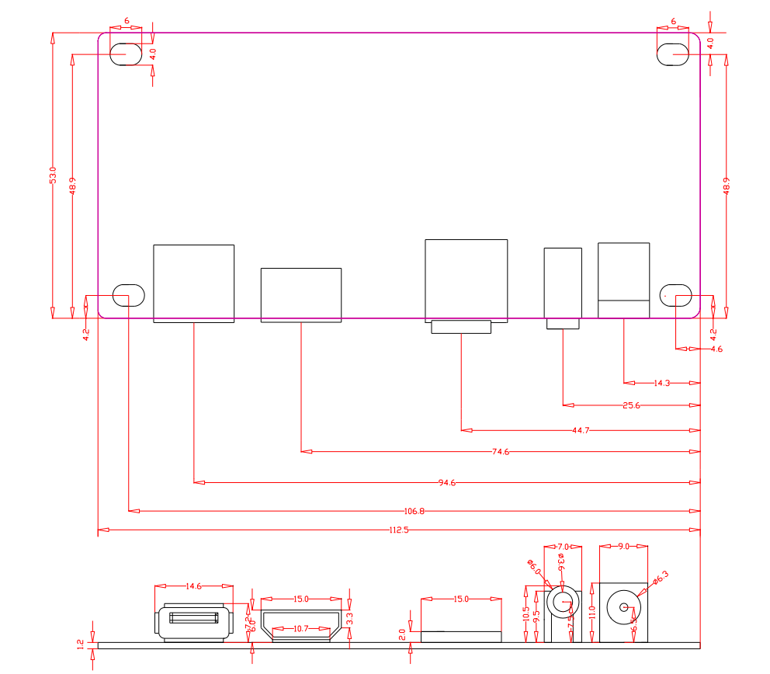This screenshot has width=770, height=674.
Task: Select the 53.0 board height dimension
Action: pyautogui.click(x=53, y=175)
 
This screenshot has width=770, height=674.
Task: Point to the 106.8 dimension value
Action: pyautogui.click(x=415, y=511)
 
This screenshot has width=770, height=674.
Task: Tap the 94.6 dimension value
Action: pyautogui.click(x=446, y=483)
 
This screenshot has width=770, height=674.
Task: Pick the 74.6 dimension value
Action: pyautogui.click(x=501, y=451)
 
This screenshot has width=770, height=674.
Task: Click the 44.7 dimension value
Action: pyautogui.click(x=581, y=429)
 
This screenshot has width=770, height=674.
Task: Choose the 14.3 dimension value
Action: pyautogui.click(x=662, y=383)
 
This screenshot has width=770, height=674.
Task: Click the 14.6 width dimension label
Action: pyautogui.click(x=194, y=587)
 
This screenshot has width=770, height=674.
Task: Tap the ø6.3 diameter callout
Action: pyautogui.click(x=661, y=577)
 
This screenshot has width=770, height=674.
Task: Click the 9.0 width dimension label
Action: pyautogui.click(x=623, y=547)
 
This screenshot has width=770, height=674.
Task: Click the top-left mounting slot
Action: pyautogui.click(x=126, y=54)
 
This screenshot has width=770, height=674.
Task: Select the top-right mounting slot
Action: pyautogui.click(x=673, y=54)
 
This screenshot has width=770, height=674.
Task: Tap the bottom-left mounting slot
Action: pyautogui.click(x=129, y=295)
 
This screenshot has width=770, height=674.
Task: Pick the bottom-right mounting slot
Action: pyautogui.click(x=675, y=295)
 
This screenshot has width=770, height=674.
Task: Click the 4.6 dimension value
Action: pyautogui.click(x=716, y=349)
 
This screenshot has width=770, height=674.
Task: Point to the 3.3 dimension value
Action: pyautogui.click(x=349, y=618)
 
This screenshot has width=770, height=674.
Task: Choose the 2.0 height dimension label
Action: pyautogui.click(x=402, y=634)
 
